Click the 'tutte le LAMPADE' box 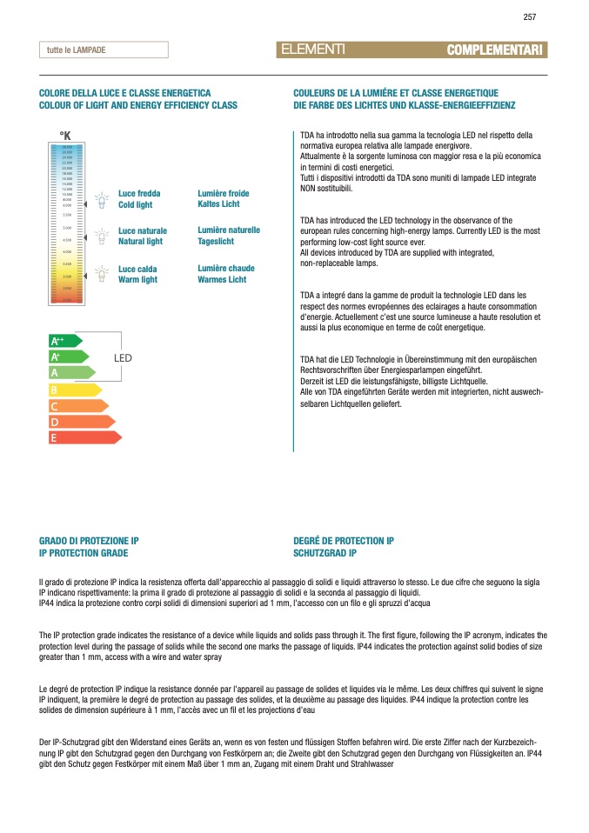tap(103, 50)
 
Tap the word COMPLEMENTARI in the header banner tap(493, 50)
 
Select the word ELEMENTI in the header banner tap(314, 50)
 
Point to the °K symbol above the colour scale tap(64, 136)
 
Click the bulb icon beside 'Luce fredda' tap(101, 200)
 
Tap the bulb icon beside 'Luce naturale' tap(101, 237)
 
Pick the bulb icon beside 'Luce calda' tap(101, 275)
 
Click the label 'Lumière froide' tap(224, 193)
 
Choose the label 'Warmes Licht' tap(222, 280)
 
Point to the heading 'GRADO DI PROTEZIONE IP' tap(89, 541)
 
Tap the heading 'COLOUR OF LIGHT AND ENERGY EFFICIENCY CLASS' tap(138, 105)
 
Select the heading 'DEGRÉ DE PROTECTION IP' tap(344, 541)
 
